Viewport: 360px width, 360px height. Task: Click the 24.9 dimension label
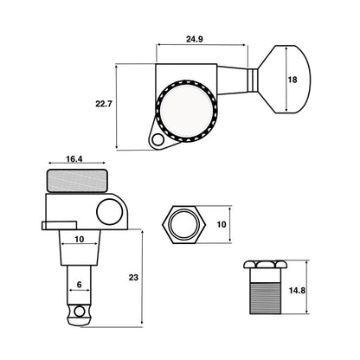tap(194, 39)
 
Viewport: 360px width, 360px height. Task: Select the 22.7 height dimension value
tap(104, 104)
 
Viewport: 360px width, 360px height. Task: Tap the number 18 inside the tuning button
tap(292, 80)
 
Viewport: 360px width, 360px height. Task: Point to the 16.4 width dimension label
tap(74, 159)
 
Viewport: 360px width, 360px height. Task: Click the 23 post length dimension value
tap(133, 278)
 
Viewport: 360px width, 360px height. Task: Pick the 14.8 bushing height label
tap(297, 290)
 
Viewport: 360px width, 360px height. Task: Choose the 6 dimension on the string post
tap(80, 285)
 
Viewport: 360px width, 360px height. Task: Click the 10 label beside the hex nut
tap(222, 224)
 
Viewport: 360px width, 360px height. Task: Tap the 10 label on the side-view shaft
tap(80, 239)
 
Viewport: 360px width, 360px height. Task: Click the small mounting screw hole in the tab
tap(157, 140)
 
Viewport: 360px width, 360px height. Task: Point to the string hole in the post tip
tap(79, 312)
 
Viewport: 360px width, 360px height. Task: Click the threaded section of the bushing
tap(265, 299)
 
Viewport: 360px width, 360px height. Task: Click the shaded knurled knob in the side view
tap(77, 181)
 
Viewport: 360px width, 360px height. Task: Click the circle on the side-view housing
tap(110, 211)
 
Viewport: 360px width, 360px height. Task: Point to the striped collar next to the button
tap(253, 80)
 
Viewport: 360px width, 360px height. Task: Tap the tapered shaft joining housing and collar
tap(232, 80)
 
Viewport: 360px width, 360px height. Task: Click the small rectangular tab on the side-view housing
tap(60, 226)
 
